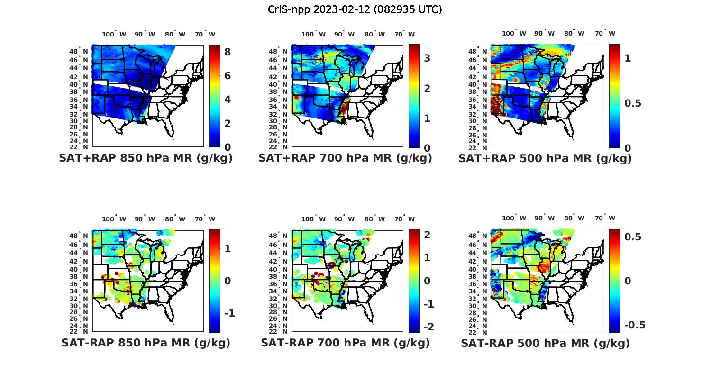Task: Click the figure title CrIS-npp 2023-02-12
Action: coord(355,9)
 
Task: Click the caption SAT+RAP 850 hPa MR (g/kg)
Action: coord(146,158)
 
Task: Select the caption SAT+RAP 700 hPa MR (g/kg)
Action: coord(345,158)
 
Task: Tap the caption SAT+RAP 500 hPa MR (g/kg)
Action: coord(545,158)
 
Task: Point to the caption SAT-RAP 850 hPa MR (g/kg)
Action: coord(146,343)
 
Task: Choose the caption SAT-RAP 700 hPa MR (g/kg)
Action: coord(345,343)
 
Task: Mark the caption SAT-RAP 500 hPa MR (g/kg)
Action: coord(545,343)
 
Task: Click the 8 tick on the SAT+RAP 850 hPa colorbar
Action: coord(228,52)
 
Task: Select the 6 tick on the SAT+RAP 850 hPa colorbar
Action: coord(228,76)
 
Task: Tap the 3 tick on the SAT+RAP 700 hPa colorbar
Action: coord(427,58)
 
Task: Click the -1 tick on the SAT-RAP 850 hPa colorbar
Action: coord(229,313)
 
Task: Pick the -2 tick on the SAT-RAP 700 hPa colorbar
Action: coord(428,327)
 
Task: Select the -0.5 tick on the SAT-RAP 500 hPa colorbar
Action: coord(634,325)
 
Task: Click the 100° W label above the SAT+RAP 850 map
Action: coord(114,34)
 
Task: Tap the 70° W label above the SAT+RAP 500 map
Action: coord(605,33)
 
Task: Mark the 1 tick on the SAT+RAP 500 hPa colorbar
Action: coord(628,58)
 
